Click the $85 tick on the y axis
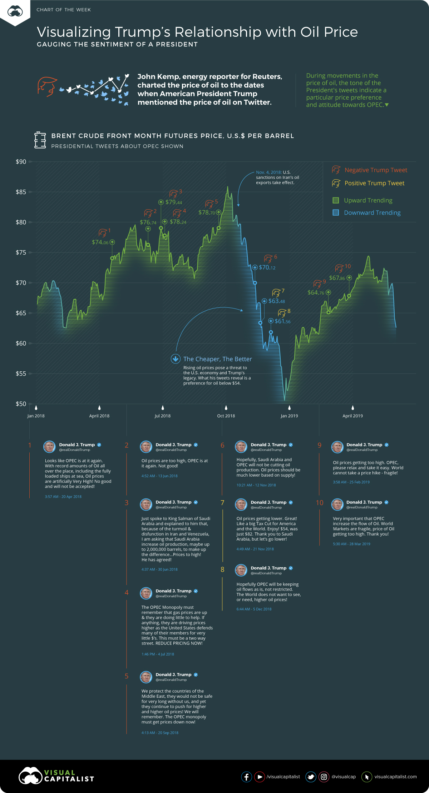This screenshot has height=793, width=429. [21, 192]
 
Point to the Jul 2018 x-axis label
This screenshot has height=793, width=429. [163, 416]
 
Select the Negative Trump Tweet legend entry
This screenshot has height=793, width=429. [375, 170]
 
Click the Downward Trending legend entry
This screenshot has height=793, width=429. [372, 213]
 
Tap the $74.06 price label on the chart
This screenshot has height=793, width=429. [100, 242]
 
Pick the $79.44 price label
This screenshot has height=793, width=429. [174, 202]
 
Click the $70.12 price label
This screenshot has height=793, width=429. [267, 267]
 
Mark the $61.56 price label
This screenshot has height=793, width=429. [282, 321]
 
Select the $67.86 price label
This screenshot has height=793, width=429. [337, 278]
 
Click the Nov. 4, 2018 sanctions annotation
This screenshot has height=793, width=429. [277, 177]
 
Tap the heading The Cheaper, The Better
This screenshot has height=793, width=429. [217, 359]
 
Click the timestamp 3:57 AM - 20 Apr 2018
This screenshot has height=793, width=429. [63, 497]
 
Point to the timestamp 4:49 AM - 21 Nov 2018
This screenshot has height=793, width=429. [255, 549]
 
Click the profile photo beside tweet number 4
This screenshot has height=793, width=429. [146, 593]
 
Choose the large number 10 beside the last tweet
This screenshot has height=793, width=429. [320, 503]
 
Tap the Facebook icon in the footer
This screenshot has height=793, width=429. [246, 777]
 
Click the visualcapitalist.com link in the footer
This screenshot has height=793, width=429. [395, 777]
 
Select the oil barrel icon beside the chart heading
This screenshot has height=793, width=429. [40, 140]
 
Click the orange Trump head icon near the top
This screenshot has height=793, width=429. [47, 86]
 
